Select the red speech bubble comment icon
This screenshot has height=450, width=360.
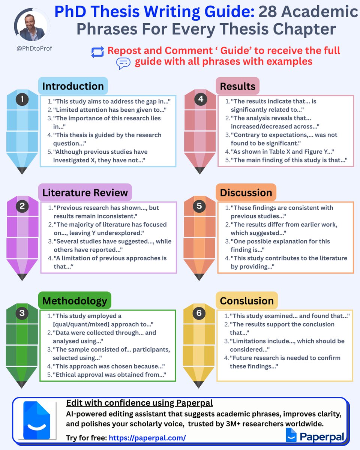(123, 63)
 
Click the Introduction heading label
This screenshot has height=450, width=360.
(73, 86)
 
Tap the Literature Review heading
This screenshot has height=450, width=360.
(85, 193)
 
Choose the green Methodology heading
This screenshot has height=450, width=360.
(75, 300)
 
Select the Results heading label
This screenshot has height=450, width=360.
(238, 86)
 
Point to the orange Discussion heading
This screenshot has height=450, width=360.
(246, 193)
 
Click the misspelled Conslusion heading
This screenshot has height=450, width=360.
(247, 301)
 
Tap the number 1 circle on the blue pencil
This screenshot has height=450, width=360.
(22, 99)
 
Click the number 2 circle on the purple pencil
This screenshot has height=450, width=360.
(22, 205)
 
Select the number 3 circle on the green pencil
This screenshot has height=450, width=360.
(22, 313)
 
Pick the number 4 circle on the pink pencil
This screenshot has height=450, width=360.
(201, 99)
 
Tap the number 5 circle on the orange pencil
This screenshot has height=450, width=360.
(199, 206)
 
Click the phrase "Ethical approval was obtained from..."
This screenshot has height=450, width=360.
(109, 374)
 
